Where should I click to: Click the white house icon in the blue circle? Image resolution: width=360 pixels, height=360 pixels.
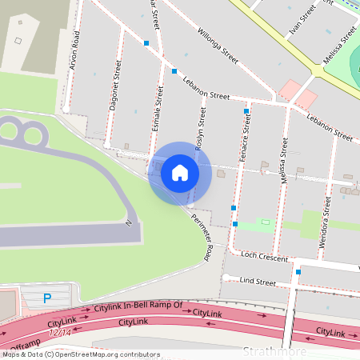pyautogui.click(x=180, y=173)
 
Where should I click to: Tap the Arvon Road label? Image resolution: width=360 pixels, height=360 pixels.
pyautogui.click(x=74, y=50)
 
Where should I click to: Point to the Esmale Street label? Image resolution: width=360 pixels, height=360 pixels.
pyautogui.click(x=158, y=108)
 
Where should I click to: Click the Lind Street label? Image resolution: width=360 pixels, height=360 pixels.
pyautogui.click(x=258, y=282)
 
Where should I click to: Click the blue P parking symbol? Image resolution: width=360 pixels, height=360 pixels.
pyautogui.click(x=46, y=298)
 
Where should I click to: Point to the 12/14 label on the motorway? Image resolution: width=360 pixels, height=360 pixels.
pyautogui.click(x=60, y=331)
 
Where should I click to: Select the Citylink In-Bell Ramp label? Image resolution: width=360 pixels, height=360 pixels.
pyautogui.click(x=138, y=306)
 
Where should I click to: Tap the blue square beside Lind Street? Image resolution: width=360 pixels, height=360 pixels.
pyautogui.click(x=298, y=272)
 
